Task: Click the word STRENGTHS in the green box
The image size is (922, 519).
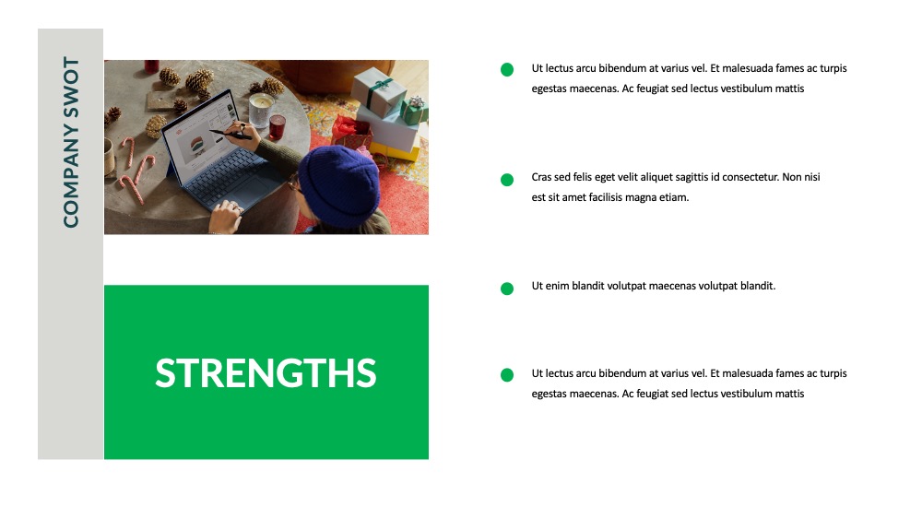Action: (x=266, y=372)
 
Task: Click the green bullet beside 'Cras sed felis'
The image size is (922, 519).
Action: (x=507, y=179)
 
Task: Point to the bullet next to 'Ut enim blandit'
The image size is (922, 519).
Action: (x=507, y=288)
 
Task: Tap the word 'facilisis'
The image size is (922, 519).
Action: (x=606, y=197)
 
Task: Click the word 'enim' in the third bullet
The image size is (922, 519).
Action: (x=558, y=287)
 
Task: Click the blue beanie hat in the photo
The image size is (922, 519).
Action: (x=339, y=184)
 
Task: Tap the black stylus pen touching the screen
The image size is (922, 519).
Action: (x=231, y=134)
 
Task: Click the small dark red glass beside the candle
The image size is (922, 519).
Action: (x=277, y=127)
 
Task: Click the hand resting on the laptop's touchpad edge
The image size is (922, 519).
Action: (x=225, y=216)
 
